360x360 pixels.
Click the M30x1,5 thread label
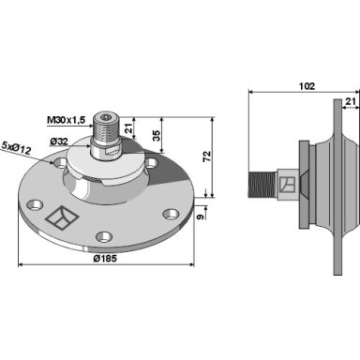coord(66,120)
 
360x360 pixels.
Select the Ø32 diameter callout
coord(59,142)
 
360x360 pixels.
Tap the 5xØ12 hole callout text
coord(16,148)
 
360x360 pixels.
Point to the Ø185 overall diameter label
coord(105,259)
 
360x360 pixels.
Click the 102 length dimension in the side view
coord(307,86)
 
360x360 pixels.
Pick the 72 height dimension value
coord(207,157)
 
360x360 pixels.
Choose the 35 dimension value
coord(156,135)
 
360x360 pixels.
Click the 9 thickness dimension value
coord(201,217)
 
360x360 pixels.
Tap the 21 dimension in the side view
coord(351,101)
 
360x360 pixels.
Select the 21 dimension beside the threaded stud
coord(129,128)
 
